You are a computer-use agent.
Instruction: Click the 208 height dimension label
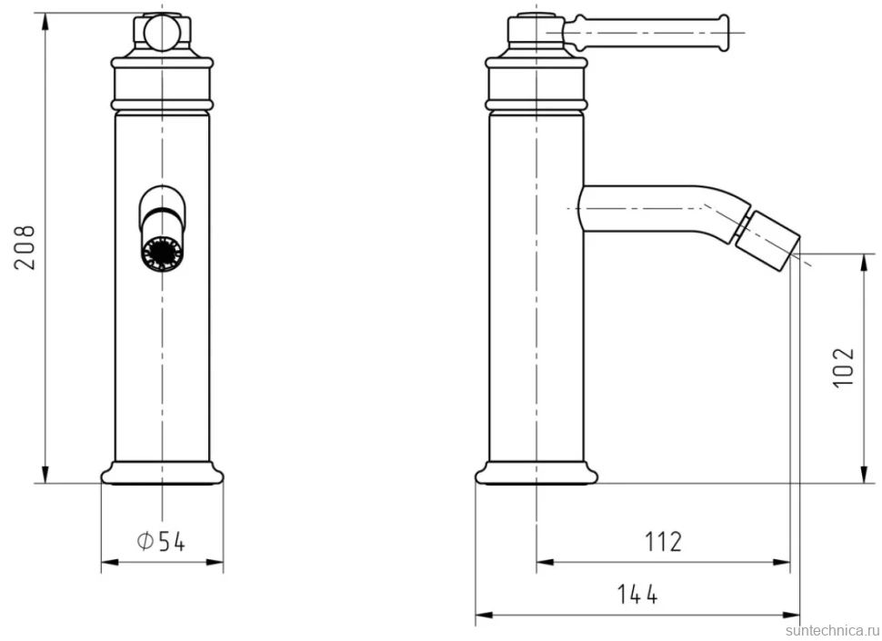(x=25, y=247)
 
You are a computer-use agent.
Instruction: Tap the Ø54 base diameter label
(x=161, y=542)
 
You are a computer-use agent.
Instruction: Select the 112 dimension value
(x=663, y=542)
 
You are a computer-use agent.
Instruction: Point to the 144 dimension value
(x=637, y=595)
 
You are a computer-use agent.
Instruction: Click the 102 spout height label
(x=843, y=367)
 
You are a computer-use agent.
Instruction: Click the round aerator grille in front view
(x=163, y=253)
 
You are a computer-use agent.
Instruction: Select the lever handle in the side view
(x=646, y=33)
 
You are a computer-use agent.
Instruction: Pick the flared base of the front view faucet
(x=162, y=473)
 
